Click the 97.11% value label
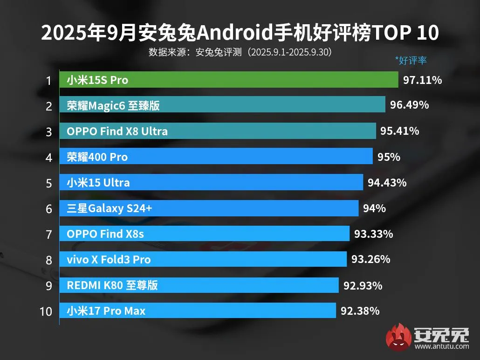click(x=422, y=80)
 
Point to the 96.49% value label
click(x=409, y=105)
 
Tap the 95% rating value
click(x=389, y=157)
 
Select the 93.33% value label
click(x=373, y=234)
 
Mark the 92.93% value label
click(x=363, y=285)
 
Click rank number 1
click(x=48, y=81)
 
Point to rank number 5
click(x=48, y=183)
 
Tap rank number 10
click(x=46, y=311)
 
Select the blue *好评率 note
click(x=411, y=60)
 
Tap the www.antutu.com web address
click(x=441, y=346)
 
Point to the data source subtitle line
click(x=240, y=52)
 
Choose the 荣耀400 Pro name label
click(x=97, y=157)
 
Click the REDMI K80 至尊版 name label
click(x=112, y=285)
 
